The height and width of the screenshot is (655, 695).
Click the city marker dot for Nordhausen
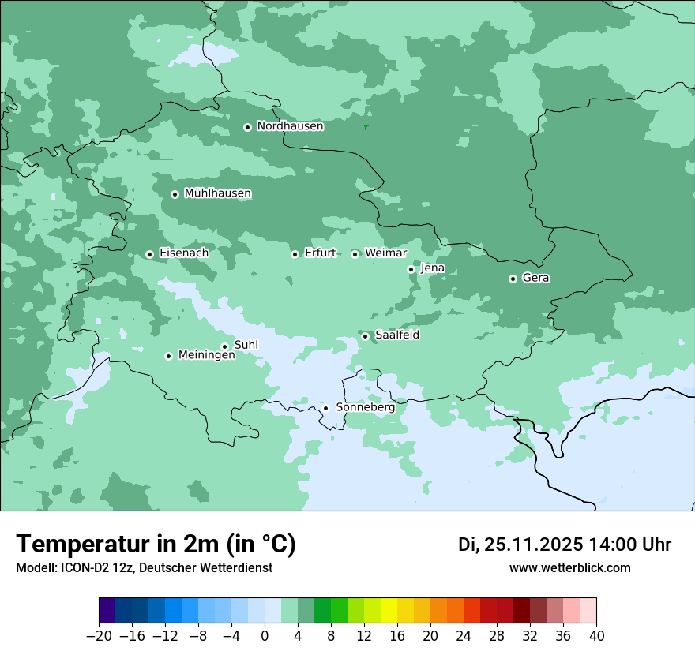point(247,127)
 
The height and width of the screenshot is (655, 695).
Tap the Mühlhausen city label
point(217,193)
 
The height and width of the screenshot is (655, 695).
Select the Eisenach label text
point(183,253)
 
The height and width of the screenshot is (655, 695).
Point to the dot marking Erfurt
point(295,254)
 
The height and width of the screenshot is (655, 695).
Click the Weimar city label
point(385,253)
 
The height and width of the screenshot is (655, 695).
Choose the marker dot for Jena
point(411,269)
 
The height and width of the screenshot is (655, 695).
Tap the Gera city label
point(535,278)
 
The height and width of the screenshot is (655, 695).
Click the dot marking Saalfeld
point(366,336)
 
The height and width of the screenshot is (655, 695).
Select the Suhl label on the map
point(246,345)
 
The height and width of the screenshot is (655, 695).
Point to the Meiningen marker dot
point(168,356)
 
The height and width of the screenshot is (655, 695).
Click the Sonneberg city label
point(365,407)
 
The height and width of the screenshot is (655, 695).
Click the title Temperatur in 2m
point(156,544)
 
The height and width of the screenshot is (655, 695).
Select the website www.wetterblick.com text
point(569,567)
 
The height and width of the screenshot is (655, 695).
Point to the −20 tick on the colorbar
point(99,636)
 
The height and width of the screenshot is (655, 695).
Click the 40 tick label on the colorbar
point(596,636)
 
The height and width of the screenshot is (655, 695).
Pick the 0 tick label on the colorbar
point(265,636)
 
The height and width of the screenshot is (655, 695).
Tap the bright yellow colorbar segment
point(389,611)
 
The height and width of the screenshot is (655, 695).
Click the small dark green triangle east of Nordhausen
point(366,126)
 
